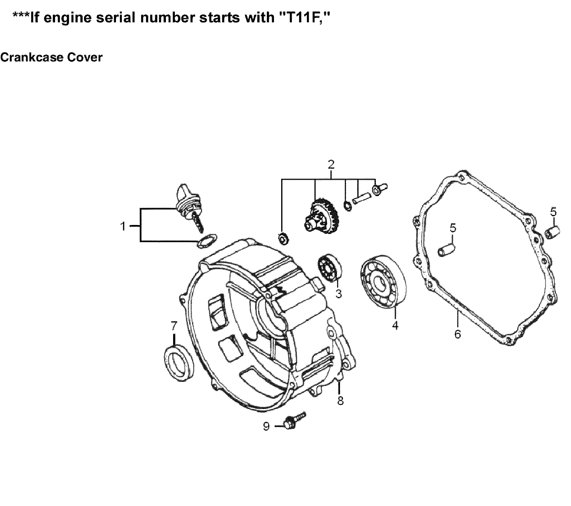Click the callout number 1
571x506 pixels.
(123, 227)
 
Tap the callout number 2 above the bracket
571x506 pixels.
(331, 164)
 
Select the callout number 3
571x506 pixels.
(338, 294)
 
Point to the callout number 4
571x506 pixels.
(395, 325)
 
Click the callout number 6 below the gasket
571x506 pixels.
(457, 334)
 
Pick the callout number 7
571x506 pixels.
(174, 325)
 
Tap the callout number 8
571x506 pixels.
(340, 401)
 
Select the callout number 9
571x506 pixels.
(266, 427)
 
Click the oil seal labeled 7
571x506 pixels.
(178, 360)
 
